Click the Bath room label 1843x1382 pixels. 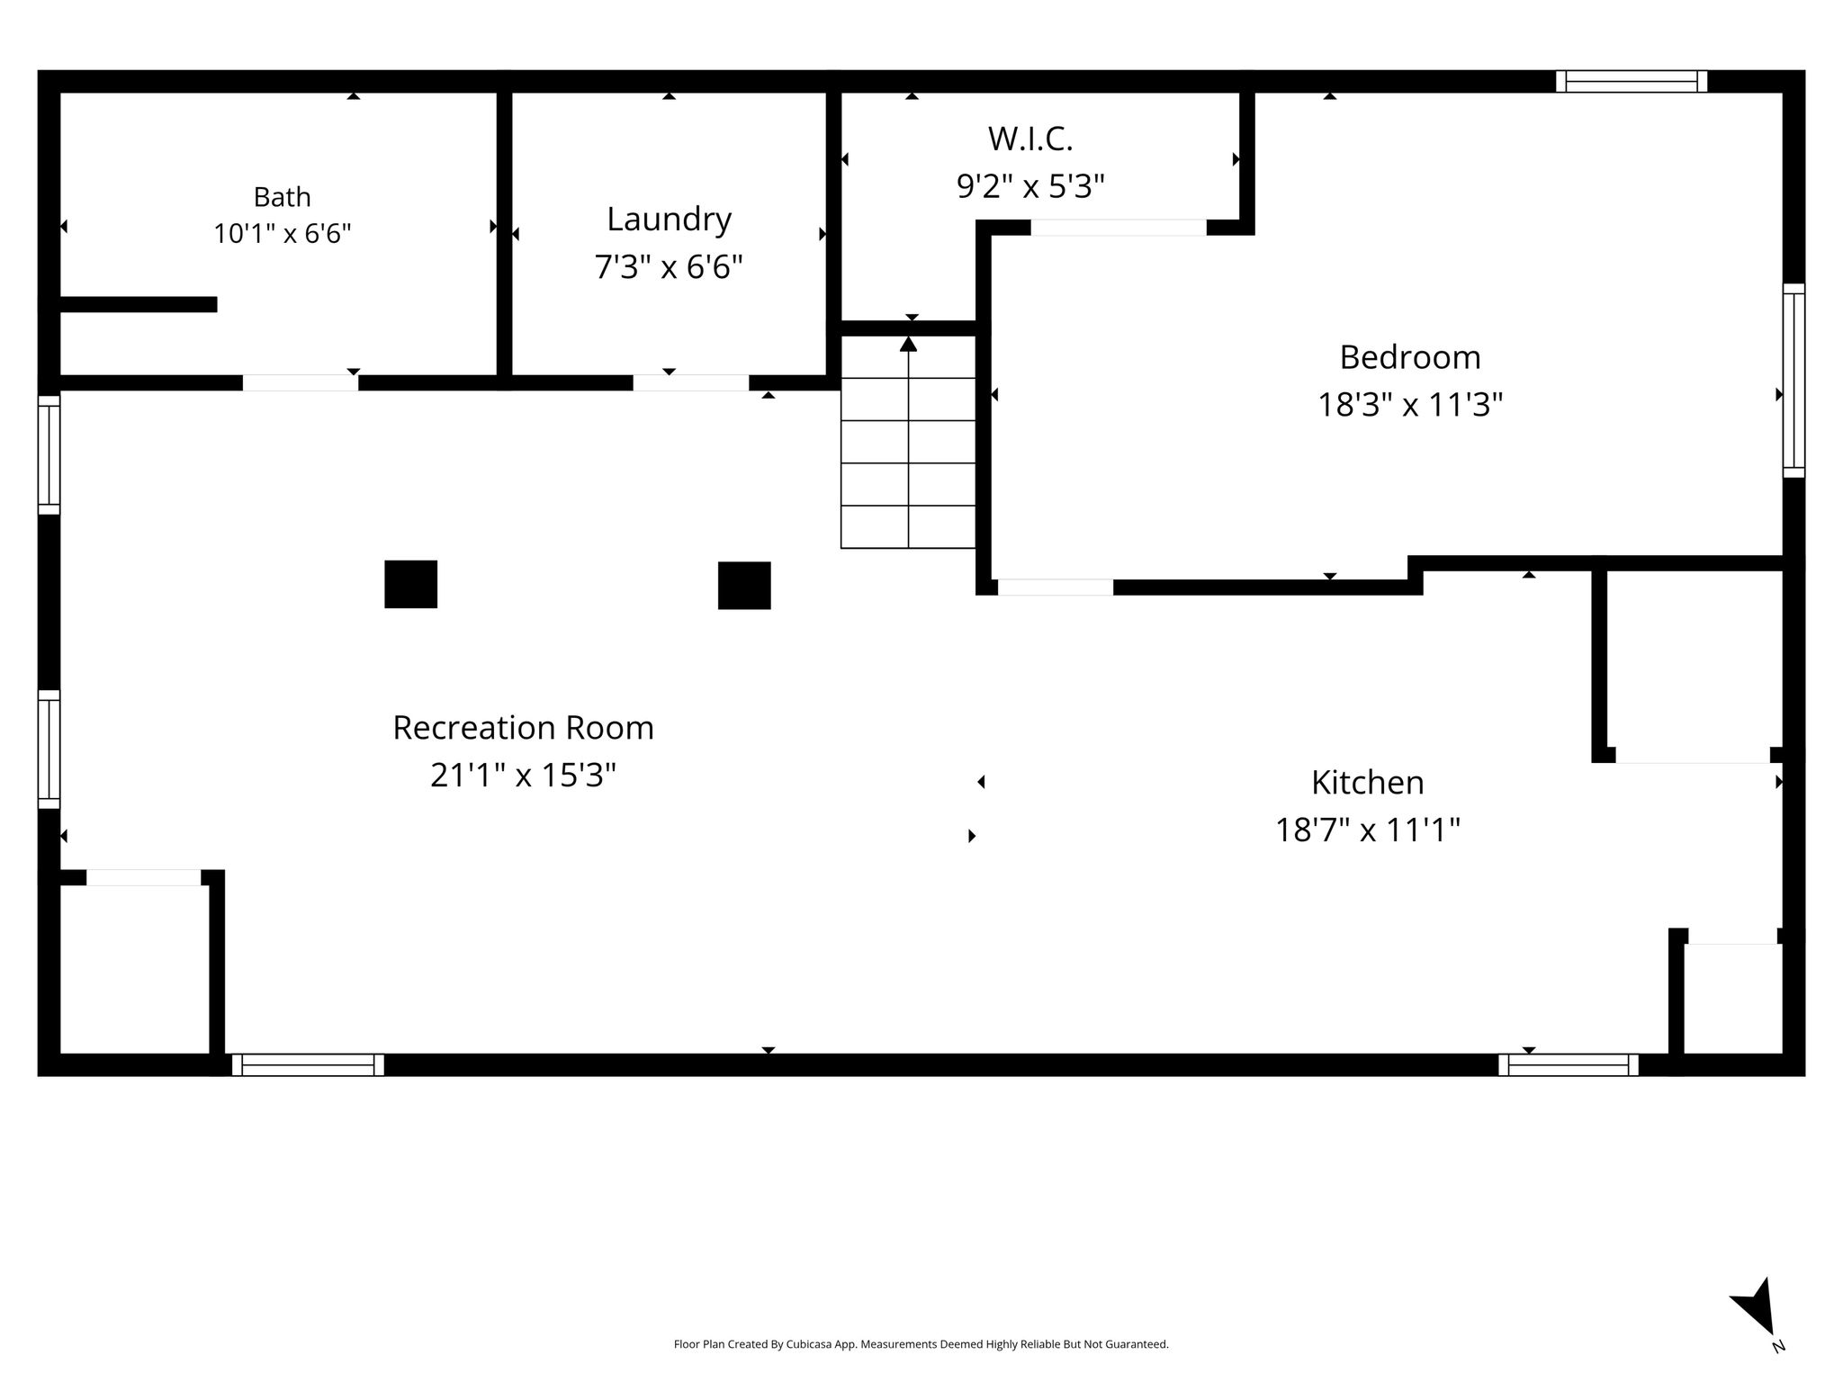click(282, 196)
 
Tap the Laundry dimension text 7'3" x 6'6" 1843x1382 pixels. click(669, 266)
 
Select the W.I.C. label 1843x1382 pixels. click(1030, 139)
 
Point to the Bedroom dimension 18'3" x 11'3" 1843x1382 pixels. click(1410, 404)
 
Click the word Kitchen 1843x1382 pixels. click(1367, 782)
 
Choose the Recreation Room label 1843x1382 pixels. click(523, 727)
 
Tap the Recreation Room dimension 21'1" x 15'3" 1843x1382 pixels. click(523, 775)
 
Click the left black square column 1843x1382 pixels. click(411, 584)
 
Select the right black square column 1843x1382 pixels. click(744, 586)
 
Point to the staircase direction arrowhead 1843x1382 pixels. click(909, 344)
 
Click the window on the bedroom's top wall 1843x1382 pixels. click(1632, 81)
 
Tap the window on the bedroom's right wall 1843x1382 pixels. click(1794, 381)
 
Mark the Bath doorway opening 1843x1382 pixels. click(301, 382)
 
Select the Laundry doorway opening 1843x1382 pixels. click(691, 382)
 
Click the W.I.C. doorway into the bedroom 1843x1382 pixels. click(1119, 228)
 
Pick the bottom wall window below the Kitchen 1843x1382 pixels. click(1569, 1064)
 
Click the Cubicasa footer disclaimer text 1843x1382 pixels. click(921, 1344)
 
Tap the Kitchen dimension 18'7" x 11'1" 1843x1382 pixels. click(1367, 829)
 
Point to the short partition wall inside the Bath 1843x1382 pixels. click(139, 304)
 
